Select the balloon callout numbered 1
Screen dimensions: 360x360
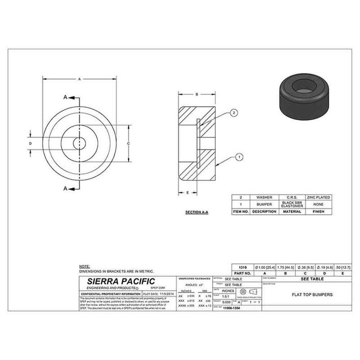pyautogui.click(x=239, y=157)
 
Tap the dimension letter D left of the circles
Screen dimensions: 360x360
pyautogui.click(x=30, y=143)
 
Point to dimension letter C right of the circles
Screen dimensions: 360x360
pyautogui.click(x=129, y=143)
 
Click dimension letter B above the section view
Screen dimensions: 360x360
pyautogui.click(x=197, y=94)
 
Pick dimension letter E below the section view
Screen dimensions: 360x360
pyautogui.click(x=187, y=192)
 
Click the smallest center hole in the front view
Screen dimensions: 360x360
pyautogui.click(x=80, y=143)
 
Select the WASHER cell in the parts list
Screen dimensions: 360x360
pyautogui.click(x=264, y=197)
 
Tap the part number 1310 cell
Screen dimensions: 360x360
pyautogui.click(x=241, y=267)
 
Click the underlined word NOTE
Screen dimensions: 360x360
pyautogui.click(x=84, y=267)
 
